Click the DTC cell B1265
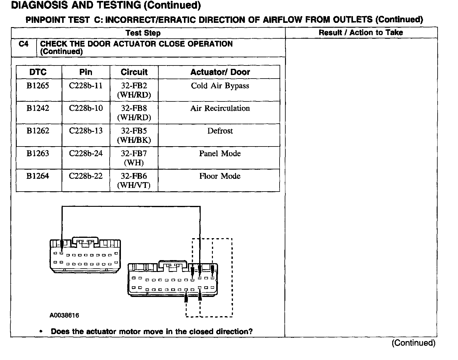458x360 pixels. (x=38, y=86)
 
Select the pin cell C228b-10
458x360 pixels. (x=86, y=108)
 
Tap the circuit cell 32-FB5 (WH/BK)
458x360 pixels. (x=134, y=135)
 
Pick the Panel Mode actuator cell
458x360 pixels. (x=220, y=154)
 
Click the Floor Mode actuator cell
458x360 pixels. (x=220, y=176)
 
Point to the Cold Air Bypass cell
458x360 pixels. (x=220, y=86)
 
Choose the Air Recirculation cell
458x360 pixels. (x=220, y=108)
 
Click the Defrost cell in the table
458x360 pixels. (x=220, y=131)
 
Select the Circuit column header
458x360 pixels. (x=134, y=72)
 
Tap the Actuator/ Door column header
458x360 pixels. (x=220, y=72)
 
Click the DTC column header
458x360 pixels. (x=38, y=72)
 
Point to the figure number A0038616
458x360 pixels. (x=64, y=316)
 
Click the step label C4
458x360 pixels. (x=23, y=44)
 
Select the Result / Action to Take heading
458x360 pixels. (x=361, y=33)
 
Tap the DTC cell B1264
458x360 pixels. (x=38, y=176)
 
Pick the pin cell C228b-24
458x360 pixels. (x=86, y=154)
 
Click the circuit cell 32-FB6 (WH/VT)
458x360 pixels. (x=134, y=180)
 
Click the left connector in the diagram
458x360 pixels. (x=85, y=256)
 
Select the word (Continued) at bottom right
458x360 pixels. (x=413, y=343)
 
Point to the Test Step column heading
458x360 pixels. (x=143, y=33)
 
